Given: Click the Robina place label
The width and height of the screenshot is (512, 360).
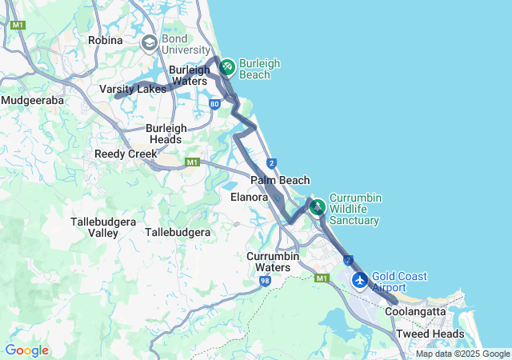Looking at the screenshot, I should tap(106, 40).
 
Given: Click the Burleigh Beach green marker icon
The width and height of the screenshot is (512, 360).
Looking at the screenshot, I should tap(226, 66).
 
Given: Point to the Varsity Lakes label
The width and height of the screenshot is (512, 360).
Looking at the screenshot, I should tap(133, 89).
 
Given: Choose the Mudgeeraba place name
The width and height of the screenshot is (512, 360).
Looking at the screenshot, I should tap(33, 100).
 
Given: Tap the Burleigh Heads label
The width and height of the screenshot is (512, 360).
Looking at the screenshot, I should tap(166, 134).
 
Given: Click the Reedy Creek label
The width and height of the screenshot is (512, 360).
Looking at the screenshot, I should tap(126, 154).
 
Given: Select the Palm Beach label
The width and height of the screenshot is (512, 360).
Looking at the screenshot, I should tap(280, 181).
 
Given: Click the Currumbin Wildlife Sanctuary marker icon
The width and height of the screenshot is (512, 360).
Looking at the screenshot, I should tap(318, 206).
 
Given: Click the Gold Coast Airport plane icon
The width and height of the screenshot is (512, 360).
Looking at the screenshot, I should tap(360, 281).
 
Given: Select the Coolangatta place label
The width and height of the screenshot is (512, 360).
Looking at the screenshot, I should tap(415, 311).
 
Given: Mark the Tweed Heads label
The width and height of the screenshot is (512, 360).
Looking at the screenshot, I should tap(430, 334).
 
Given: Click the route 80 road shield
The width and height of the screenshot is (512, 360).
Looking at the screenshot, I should tap(214, 104).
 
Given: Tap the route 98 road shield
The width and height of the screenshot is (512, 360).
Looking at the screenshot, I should tap(265, 281).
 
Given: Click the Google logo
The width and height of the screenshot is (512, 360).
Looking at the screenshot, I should tap(26, 350).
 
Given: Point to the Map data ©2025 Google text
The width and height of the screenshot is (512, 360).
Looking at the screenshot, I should tap(462, 354).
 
